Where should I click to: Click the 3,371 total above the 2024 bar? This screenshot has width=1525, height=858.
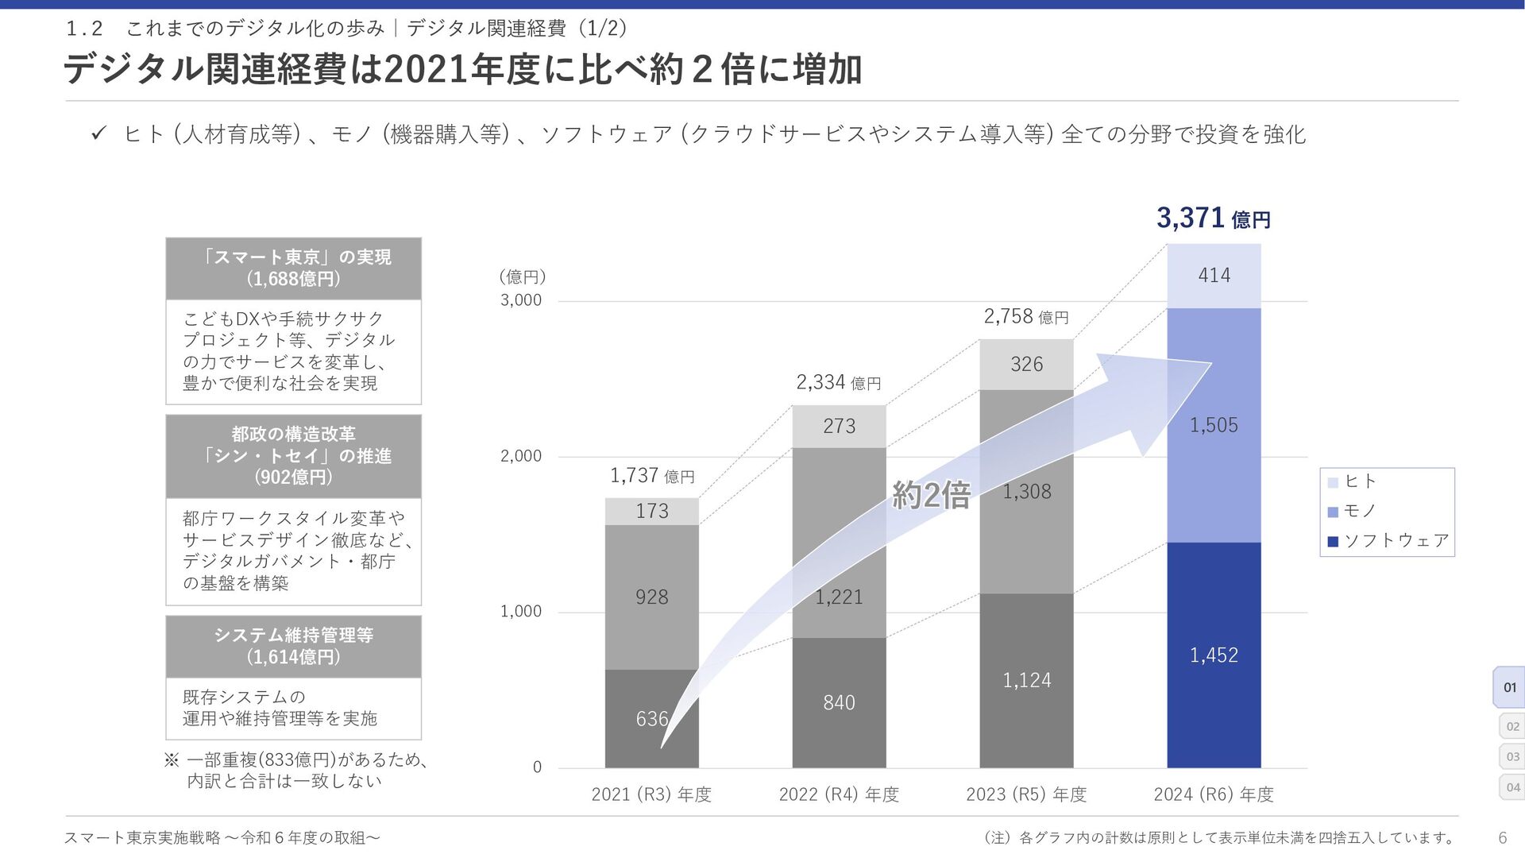(1213, 218)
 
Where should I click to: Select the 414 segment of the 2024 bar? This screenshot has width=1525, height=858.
(1214, 276)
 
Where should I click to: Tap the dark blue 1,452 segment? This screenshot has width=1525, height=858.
(1214, 655)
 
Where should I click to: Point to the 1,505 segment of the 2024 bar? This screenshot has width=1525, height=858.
(1214, 425)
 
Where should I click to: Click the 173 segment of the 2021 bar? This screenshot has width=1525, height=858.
(651, 512)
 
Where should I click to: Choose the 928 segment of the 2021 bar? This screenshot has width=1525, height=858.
(651, 597)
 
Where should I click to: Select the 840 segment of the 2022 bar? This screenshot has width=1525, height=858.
(839, 703)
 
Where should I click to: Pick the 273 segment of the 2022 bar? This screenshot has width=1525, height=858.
(839, 427)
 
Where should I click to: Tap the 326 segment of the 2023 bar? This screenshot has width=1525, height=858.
(1026, 365)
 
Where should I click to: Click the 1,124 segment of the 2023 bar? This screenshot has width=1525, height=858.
(1026, 681)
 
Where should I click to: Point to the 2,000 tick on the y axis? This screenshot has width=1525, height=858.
(520, 456)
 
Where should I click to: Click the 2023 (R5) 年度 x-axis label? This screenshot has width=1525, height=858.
(1026, 794)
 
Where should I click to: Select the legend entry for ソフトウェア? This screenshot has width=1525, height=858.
(1388, 541)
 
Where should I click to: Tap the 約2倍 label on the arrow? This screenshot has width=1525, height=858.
(931, 496)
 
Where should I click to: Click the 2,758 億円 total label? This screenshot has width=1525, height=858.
(1025, 317)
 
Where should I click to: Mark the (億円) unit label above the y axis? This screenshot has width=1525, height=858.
(522, 276)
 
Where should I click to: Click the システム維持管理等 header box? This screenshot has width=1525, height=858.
(293, 646)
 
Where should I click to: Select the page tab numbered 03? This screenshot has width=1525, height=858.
(1512, 756)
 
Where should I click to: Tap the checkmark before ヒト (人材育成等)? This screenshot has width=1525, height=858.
(98, 133)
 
